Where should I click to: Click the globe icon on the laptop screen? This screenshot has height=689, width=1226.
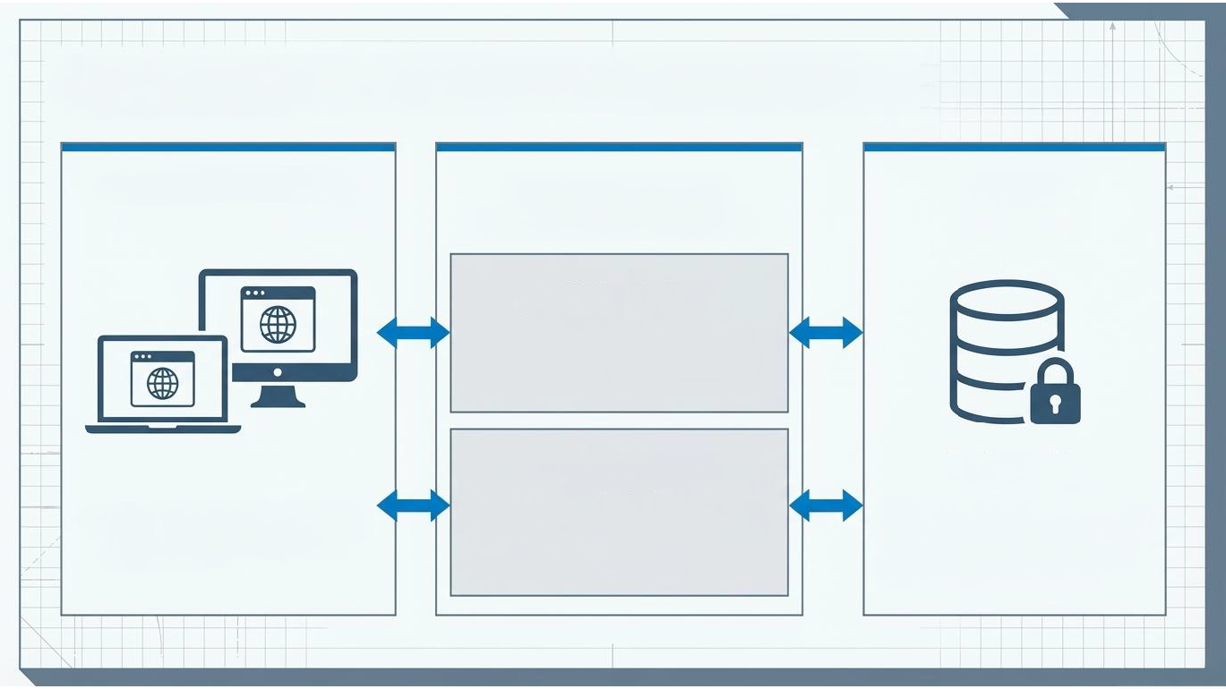pos(162,383)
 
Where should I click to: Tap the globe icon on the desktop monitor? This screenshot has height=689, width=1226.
pos(278,324)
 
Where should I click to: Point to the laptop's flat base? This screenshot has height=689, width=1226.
pos(163,430)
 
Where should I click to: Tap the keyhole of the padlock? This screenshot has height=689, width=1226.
pos(1055,404)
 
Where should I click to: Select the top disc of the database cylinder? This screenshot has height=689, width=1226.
pos(1006,298)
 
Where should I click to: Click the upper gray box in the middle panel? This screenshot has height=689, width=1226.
pos(619,333)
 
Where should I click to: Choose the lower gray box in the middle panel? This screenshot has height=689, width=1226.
pos(619,512)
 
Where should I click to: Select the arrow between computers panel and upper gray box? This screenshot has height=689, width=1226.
pos(413,332)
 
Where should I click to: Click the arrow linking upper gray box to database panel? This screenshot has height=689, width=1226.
pos(826,332)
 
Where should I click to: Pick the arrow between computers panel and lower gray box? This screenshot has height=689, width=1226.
pos(413,506)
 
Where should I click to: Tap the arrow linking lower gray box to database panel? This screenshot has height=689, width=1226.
pos(826,506)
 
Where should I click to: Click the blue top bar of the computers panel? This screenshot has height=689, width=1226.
pos(227,147)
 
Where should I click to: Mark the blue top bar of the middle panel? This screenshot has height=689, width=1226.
pos(618,147)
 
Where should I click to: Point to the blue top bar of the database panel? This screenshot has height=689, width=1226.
pos(1014,147)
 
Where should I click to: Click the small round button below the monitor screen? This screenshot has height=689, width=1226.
pos(277,372)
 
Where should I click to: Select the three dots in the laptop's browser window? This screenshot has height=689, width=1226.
pos(141,357)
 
